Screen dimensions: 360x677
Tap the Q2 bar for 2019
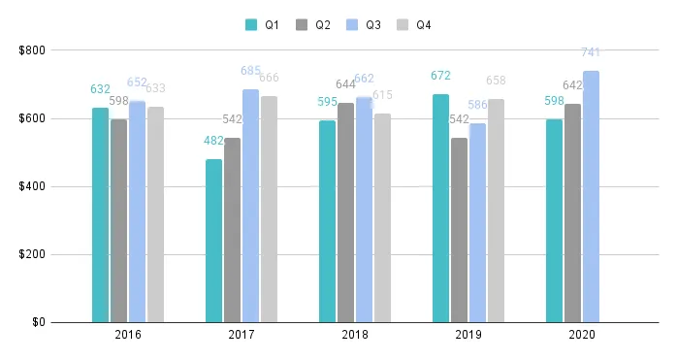[459, 230]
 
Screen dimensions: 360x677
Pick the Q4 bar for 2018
[383, 217]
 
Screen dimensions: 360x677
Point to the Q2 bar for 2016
[118, 220]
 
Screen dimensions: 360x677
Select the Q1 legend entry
[262, 25]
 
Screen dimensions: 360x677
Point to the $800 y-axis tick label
[33, 50]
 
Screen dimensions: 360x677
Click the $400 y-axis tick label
[33, 186]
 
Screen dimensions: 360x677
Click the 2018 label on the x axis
[355, 335]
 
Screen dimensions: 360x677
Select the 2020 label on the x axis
[582, 335]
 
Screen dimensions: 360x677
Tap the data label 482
[213, 141]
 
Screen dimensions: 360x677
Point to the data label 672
[440, 76]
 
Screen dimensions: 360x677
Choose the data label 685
[251, 71]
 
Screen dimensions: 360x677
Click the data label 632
[101, 89]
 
